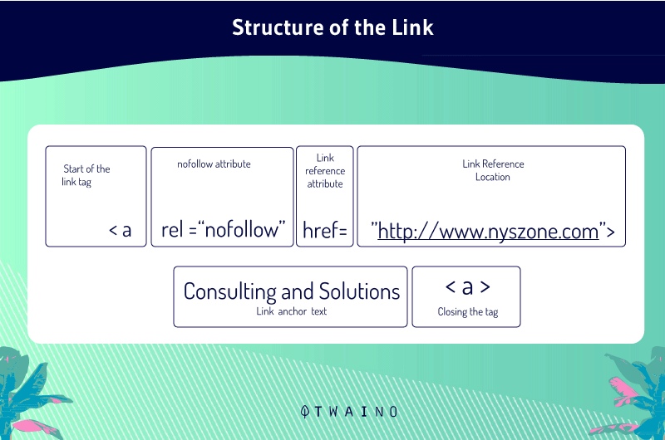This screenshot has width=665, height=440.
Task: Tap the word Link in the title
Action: click(x=412, y=27)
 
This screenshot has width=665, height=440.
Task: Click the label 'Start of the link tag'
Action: click(x=86, y=175)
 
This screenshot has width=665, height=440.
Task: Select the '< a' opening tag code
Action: click(x=120, y=230)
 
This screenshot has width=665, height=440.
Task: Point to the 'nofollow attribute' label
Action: click(x=214, y=164)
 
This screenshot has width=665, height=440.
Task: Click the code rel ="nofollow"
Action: click(x=223, y=230)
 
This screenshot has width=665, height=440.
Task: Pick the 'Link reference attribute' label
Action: click(x=325, y=171)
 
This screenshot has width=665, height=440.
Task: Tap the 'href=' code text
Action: click(x=325, y=230)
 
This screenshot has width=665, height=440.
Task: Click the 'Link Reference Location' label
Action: click(x=493, y=170)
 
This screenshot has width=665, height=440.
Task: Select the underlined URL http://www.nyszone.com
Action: click(x=488, y=232)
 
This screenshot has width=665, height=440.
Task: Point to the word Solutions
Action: click(x=359, y=291)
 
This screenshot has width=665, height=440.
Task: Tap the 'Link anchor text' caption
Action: click(x=292, y=311)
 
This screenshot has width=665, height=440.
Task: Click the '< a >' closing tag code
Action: click(x=467, y=287)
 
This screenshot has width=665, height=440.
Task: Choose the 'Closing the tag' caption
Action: click(x=468, y=312)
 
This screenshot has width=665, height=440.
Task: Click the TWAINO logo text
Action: click(x=356, y=412)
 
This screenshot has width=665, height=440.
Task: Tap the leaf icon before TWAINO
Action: click(x=304, y=412)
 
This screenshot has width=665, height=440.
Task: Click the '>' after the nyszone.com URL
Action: click(x=610, y=232)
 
